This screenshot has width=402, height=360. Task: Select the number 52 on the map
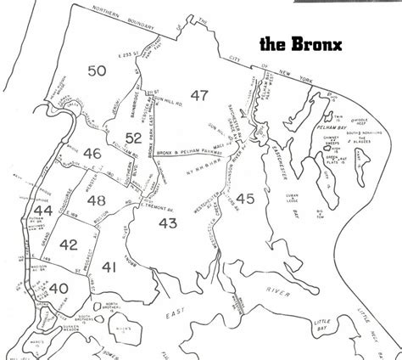[x=132, y=138]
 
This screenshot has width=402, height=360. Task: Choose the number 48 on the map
[x=96, y=200]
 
